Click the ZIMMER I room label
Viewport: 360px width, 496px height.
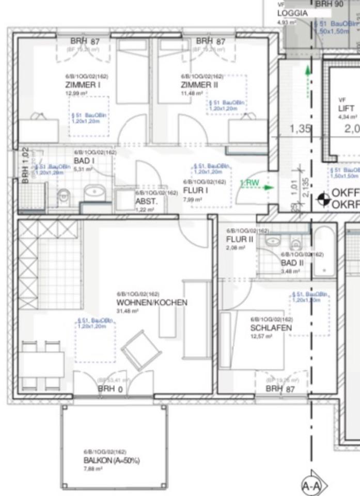tap(83, 85)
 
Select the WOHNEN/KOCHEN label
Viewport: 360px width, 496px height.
tap(151, 303)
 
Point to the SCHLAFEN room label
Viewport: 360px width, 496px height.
tap(271, 328)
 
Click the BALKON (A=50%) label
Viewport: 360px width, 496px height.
tap(112, 460)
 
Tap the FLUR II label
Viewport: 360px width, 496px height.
tap(239, 239)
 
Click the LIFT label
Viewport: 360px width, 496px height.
tap(346, 109)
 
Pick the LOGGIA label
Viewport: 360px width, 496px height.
tap(292, 14)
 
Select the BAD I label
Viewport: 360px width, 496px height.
tap(84, 161)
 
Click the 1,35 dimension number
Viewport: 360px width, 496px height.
tap(301, 129)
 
